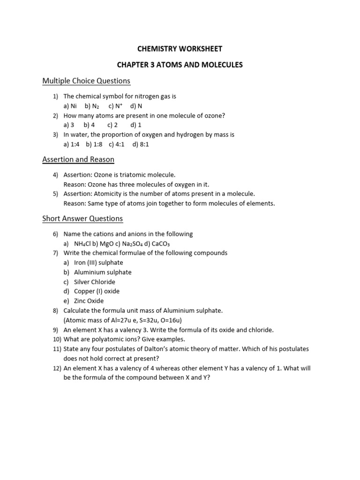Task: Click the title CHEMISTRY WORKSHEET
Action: click(180, 49)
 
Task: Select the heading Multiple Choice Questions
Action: click(86, 81)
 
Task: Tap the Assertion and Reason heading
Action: click(78, 159)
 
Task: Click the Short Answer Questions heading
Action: click(82, 218)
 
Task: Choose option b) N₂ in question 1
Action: click(92, 106)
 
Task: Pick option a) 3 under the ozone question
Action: click(69, 125)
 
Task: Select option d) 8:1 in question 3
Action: click(141, 144)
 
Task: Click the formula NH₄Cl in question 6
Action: click(84, 244)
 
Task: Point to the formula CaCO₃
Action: click(163, 244)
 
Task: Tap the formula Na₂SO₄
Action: click(136, 244)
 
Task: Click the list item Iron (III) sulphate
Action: click(98, 262)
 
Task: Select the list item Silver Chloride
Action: click(94, 282)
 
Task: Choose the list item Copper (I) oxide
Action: click(97, 291)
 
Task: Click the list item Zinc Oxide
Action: click(89, 301)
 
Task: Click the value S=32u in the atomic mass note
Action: click(152, 320)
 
